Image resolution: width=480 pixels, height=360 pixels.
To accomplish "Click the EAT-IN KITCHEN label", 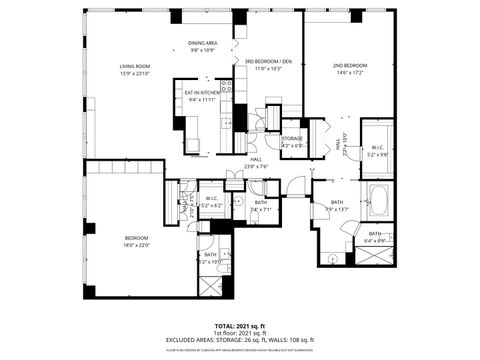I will [x=202, y=94].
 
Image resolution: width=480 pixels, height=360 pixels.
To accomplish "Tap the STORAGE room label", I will [x=292, y=138].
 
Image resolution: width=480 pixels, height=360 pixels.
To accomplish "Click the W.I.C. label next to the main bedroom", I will [x=212, y=198].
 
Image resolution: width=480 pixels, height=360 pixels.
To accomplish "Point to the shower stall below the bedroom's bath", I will [x=211, y=285].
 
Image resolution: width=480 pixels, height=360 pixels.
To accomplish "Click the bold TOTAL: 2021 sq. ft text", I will [x=239, y=326].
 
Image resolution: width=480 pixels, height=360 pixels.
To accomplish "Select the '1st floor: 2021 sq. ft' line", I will [x=239, y=333].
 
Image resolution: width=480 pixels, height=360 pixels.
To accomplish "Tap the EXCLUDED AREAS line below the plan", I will [x=239, y=340].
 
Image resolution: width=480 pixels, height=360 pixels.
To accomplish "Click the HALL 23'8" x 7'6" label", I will [x=255, y=162].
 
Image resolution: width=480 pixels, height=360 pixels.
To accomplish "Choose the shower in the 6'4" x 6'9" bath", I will [x=373, y=254].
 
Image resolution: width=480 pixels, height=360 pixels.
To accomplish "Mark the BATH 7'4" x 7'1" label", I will [x=260, y=205].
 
